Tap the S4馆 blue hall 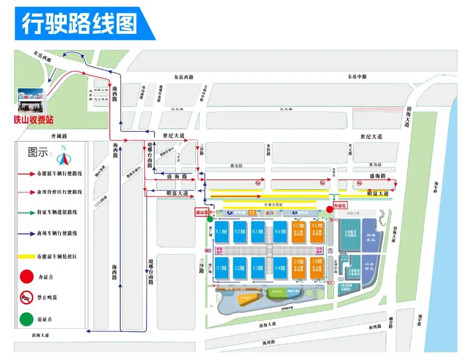pyautogui.click(x=280, y=268)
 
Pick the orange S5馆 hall pyautogui.click(x=299, y=268)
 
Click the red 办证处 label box pyautogui.click(x=340, y=205)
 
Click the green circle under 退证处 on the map pyautogui.click(x=210, y=219)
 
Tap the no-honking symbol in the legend pyautogui.click(x=26, y=297)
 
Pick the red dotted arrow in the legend pyautogui.click(x=26, y=192)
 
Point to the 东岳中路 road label pyautogui.click(x=357, y=77)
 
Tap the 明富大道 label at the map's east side pyautogui.click(x=378, y=193)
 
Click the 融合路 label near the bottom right pyautogui.click(x=391, y=323)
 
